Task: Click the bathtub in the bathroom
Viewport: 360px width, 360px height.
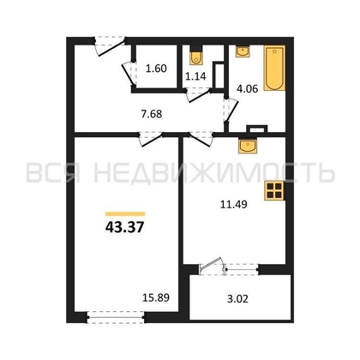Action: pyautogui.click(x=274, y=68)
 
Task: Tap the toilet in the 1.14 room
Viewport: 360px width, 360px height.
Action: pyautogui.click(x=196, y=56)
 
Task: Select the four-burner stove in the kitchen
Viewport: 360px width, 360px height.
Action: pyautogui.click(x=274, y=191)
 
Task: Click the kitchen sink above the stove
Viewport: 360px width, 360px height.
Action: pyautogui.click(x=248, y=146)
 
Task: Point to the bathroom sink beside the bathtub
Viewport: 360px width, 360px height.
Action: pyautogui.click(x=243, y=51)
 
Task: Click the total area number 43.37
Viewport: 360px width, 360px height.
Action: pyautogui.click(x=124, y=228)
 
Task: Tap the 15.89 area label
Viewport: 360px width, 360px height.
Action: pyautogui.click(x=156, y=297)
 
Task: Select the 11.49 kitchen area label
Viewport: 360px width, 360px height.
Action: pyautogui.click(x=233, y=204)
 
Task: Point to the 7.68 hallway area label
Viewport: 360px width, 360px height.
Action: pyautogui.click(x=152, y=114)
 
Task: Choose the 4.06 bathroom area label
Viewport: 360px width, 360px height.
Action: pyautogui.click(x=247, y=88)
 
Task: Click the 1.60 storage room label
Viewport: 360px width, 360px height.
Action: pyautogui.click(x=156, y=69)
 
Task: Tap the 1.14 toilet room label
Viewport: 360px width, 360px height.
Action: pyautogui.click(x=195, y=76)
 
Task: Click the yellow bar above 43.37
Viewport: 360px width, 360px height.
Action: pyautogui.click(x=125, y=213)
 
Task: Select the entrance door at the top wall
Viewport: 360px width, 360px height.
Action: pyautogui.click(x=110, y=45)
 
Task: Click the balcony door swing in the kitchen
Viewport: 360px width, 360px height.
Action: pyautogui.click(x=212, y=265)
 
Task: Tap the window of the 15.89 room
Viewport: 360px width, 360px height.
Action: pyautogui.click(x=116, y=317)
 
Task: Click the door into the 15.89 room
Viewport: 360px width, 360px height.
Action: pyautogui.click(x=151, y=139)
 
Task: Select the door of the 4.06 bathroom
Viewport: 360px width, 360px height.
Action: pyautogui.click(x=231, y=110)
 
